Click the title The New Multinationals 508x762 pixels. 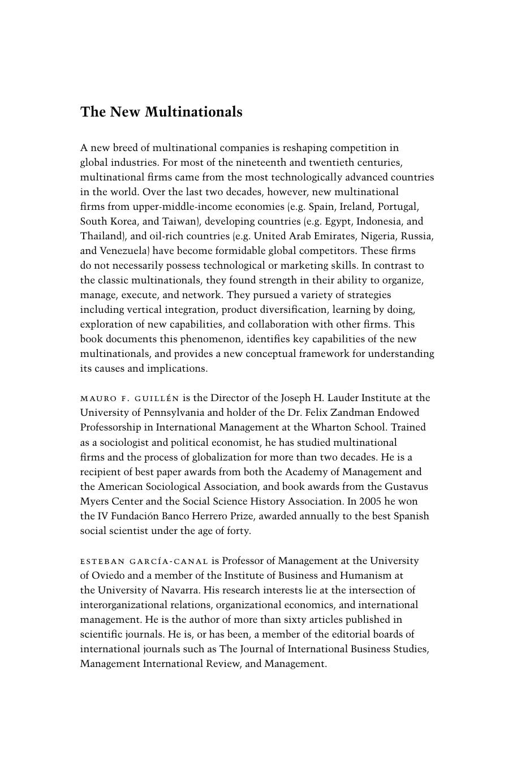tap(161, 112)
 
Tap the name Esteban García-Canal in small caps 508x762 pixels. tap(144, 561)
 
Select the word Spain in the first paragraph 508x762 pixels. tap(321, 206)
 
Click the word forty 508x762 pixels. tap(237, 531)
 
